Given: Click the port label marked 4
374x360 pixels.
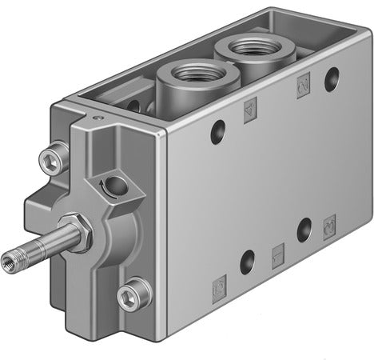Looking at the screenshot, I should point(250,110).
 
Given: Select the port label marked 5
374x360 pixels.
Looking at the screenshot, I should point(217,284).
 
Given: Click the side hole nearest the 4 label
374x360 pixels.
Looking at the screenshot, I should point(217,132).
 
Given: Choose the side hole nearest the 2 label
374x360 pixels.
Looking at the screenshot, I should point(331,79).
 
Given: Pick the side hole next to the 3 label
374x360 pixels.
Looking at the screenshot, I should point(304,231).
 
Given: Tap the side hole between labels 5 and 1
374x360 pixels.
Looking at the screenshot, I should point(247,262).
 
